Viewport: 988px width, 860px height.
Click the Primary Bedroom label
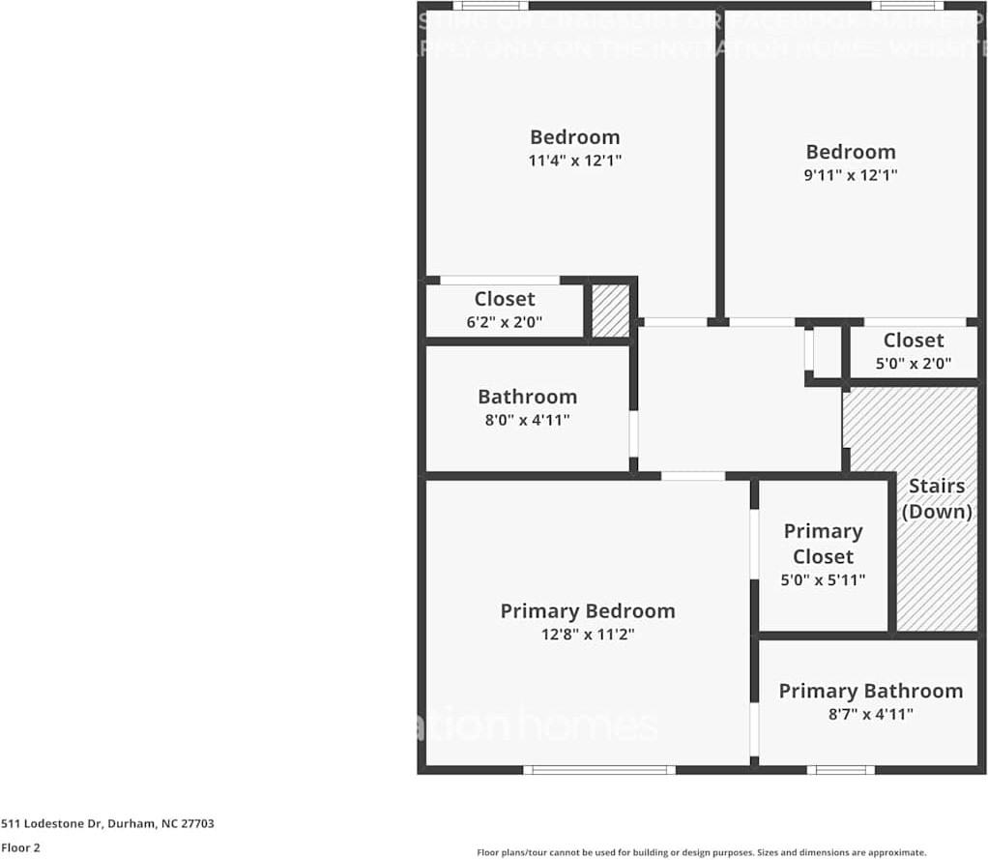587,610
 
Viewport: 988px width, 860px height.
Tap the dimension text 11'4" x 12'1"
574,161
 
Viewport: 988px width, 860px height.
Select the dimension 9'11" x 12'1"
851,175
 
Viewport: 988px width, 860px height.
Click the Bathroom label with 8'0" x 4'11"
527,397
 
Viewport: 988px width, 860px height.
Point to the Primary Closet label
823,544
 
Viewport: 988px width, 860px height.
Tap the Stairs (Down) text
936,498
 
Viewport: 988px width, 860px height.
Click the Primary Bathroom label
870,691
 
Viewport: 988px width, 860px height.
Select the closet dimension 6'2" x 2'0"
504,323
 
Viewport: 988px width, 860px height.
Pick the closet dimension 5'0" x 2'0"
913,364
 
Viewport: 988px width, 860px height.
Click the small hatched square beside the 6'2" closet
610,311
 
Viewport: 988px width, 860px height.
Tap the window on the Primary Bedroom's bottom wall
599,770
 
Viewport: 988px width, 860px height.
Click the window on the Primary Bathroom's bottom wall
841,770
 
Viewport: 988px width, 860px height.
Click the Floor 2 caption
20,847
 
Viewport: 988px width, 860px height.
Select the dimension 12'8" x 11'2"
587,635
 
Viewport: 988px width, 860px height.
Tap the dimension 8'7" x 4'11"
870,714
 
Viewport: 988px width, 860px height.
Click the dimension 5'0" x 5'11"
823,580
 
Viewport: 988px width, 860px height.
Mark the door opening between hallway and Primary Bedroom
692,476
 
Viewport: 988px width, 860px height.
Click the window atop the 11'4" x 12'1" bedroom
490,6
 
